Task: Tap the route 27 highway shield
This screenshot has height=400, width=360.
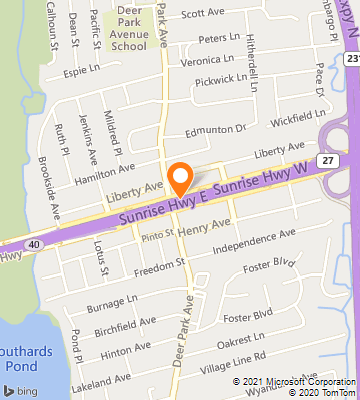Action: (x=326, y=159)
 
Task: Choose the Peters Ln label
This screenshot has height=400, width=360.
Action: (x=220, y=39)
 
